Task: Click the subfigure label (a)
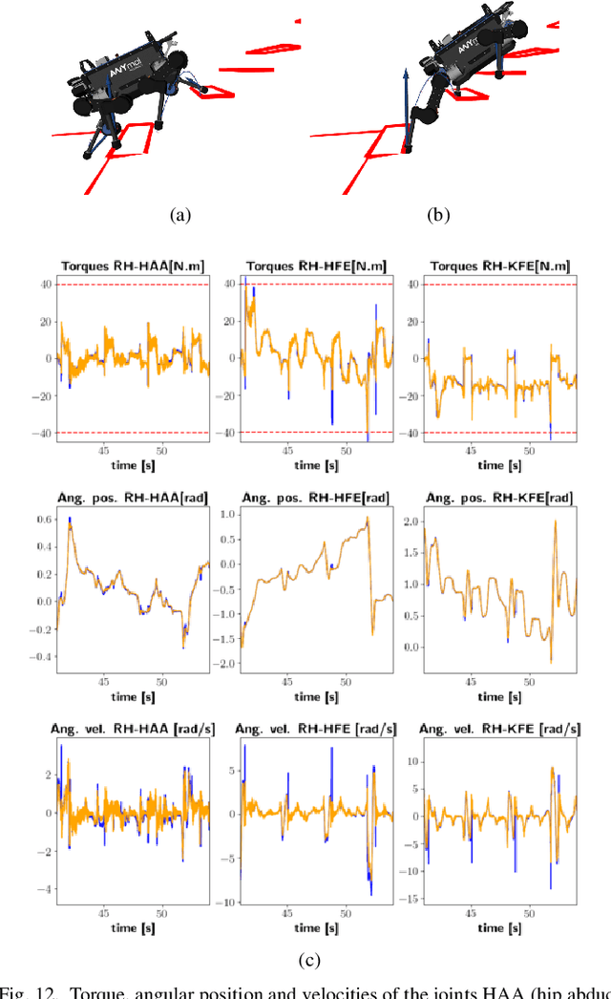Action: [x=179, y=216]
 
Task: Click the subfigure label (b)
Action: [x=438, y=216]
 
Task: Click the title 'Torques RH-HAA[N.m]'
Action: [x=134, y=266]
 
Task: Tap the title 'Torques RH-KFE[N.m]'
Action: [x=499, y=266]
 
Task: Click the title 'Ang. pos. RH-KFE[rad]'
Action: [x=499, y=498]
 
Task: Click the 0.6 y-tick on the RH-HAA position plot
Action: [x=42, y=520]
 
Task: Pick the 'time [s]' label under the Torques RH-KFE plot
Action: [x=499, y=464]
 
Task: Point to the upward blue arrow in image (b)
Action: [x=406, y=105]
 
